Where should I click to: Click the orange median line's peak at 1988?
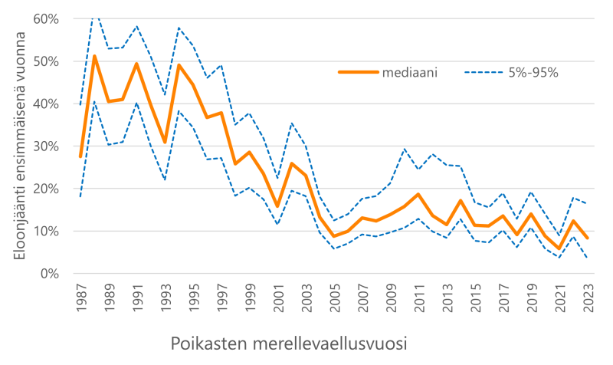[x=95, y=56]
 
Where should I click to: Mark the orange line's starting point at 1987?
[x=81, y=156]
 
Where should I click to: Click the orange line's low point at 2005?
[x=333, y=236]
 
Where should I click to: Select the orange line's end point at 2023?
[x=586, y=238]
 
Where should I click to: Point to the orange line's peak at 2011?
[x=418, y=194]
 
